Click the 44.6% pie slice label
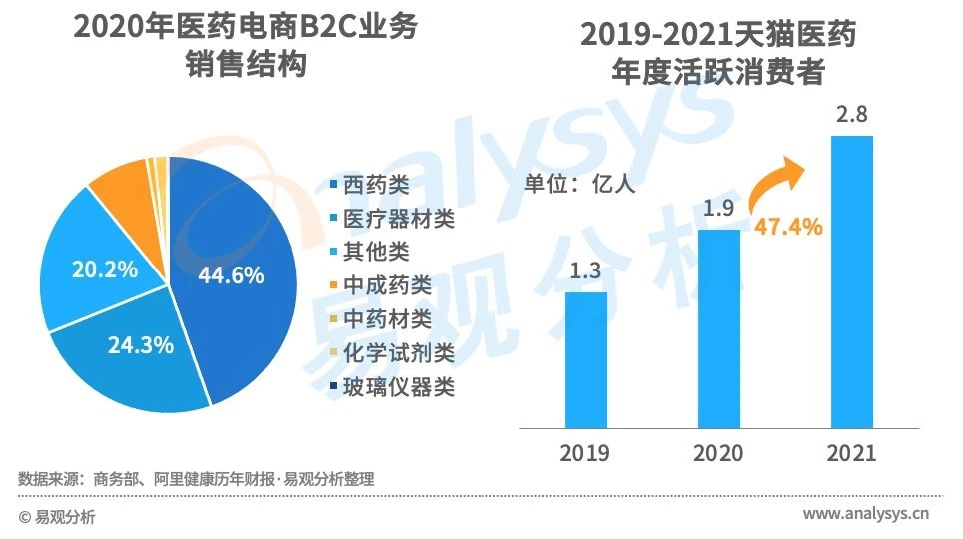coord(231,275)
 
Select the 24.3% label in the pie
coord(141,346)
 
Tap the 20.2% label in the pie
coord(105,269)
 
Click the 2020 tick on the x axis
coord(719,453)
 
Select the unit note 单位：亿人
coord(579,183)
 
